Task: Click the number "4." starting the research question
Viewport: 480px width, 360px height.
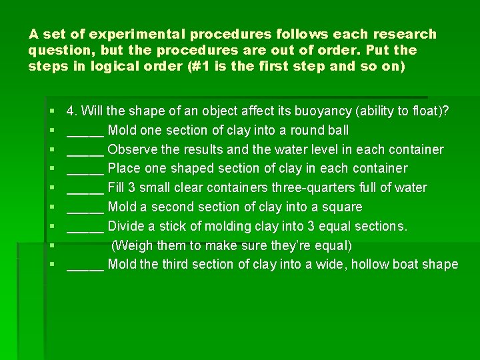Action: point(73,111)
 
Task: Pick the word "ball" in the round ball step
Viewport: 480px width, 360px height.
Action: point(337,130)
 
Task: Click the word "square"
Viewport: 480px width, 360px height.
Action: point(343,207)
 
